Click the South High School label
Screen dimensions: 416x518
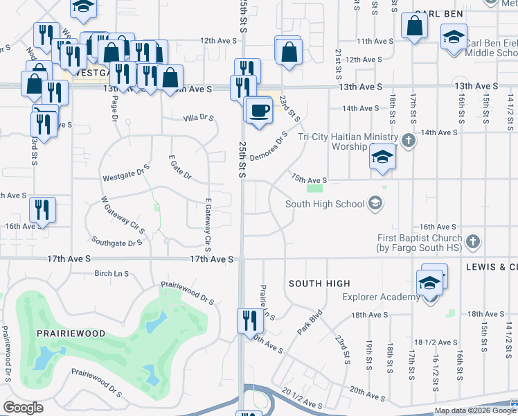325,204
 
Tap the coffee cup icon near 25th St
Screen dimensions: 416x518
260,111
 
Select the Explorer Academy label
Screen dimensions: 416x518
381,297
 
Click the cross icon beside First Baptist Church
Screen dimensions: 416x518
473,242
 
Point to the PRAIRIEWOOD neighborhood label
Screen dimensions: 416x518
71,333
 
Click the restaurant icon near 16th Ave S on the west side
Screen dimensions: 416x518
42,209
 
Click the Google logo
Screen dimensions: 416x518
23,408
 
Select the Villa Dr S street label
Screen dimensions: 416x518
198,119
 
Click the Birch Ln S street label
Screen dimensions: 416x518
112,274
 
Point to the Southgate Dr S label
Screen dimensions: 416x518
117,243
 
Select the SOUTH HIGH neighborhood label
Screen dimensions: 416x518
319,284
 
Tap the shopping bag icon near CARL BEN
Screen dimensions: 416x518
414,27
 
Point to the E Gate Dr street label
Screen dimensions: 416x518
179,166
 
